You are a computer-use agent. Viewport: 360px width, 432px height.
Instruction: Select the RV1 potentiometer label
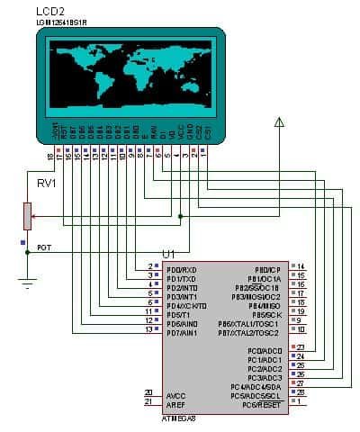tap(47, 184)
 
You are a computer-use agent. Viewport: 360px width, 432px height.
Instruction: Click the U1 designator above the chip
tap(168, 256)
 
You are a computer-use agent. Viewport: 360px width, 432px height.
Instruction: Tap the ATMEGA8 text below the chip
tap(179, 418)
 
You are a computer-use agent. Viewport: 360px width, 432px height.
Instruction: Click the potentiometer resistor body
tap(28, 217)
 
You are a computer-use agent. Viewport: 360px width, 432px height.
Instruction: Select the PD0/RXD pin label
tap(183, 269)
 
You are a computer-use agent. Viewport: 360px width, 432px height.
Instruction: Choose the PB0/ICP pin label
tap(268, 268)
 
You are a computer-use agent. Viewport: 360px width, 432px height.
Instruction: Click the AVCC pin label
tap(176, 395)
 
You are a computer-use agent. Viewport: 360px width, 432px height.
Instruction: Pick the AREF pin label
tap(176, 404)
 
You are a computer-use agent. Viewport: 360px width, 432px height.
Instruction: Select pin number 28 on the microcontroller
tap(301, 393)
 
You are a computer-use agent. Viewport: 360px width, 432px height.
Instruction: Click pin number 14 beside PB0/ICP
tap(301, 267)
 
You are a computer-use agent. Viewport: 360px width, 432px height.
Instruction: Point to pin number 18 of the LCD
tap(50, 158)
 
